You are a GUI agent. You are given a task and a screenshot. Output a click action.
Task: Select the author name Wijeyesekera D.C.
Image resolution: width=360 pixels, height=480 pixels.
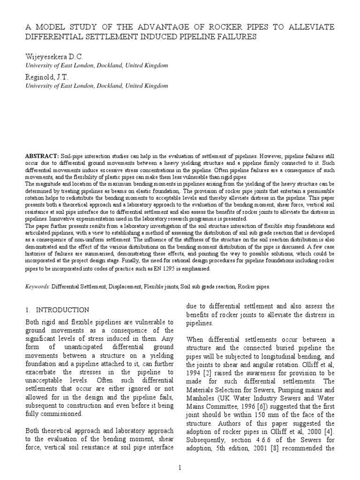[53, 56]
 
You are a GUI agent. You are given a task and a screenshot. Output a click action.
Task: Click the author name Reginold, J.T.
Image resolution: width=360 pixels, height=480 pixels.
[46, 77]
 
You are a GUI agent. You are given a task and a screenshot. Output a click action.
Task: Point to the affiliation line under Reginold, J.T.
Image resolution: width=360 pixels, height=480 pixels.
[96, 86]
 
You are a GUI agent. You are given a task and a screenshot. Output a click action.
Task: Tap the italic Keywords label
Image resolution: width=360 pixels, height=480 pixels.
[37, 285]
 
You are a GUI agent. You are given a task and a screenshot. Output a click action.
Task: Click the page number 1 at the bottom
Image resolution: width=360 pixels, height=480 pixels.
[180, 467]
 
